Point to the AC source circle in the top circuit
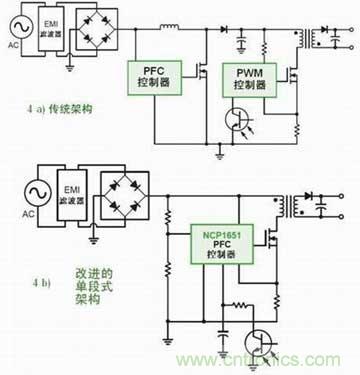pyautogui.click(x=15, y=31)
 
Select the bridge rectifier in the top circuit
pyautogui.click(x=101, y=32)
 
